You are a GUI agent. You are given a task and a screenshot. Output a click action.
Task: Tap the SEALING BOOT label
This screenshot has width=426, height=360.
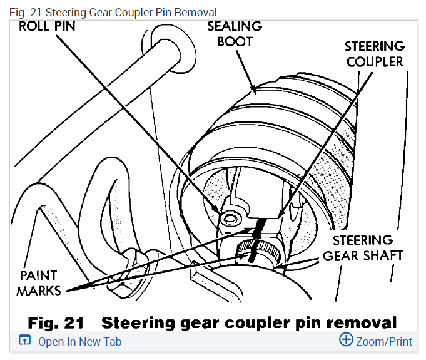(235, 34)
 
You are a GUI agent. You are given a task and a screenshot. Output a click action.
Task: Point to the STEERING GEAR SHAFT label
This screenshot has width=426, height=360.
(363, 248)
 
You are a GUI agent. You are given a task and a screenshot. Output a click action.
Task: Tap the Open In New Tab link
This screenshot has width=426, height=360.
(79, 342)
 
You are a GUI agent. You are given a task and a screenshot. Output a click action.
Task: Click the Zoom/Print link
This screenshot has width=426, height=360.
(384, 342)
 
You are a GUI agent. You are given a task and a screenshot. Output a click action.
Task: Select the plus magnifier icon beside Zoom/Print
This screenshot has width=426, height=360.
(346, 340)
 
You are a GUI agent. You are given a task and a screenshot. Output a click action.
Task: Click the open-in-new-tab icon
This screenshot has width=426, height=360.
(25, 341)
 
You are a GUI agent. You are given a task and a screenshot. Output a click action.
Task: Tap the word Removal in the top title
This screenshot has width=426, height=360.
(198, 12)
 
